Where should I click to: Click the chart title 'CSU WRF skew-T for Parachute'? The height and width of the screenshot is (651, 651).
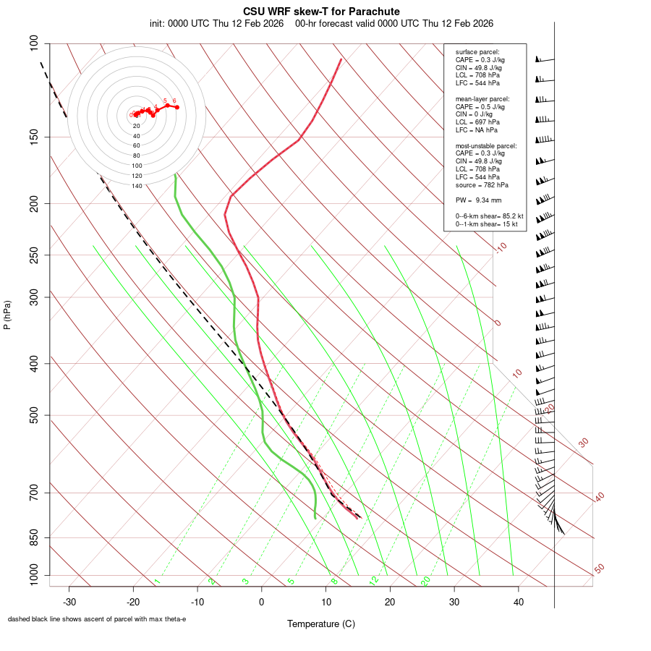pos(321,12)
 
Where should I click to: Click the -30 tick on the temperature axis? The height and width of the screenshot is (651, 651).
pos(69,602)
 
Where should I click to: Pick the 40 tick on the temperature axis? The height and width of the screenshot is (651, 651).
pos(518,602)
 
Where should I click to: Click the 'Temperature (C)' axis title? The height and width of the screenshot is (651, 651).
pos(321,624)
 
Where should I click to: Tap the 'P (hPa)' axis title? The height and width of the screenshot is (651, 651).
pos(7,315)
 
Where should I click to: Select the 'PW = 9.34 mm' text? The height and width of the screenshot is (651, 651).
pos(478,200)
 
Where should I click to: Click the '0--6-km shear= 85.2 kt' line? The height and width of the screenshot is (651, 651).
pos(489,216)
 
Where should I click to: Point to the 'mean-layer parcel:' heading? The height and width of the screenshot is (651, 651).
pos(482,98)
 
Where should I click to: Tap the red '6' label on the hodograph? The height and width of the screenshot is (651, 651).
pos(174,101)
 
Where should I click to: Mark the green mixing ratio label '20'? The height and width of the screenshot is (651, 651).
pos(426,580)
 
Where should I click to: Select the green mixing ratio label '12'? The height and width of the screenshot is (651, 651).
pos(374,580)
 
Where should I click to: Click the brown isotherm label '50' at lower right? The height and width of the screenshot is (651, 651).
pos(599,569)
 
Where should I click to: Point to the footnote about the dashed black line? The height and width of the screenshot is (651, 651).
pos(97,619)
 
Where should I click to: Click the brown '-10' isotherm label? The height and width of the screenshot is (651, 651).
pos(501,247)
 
